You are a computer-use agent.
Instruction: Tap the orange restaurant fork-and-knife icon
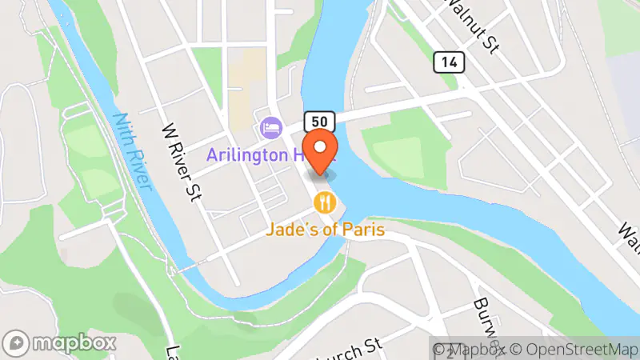tap(323, 202)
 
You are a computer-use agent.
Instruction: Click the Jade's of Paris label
tap(326, 230)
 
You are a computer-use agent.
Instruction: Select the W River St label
tap(179, 161)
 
